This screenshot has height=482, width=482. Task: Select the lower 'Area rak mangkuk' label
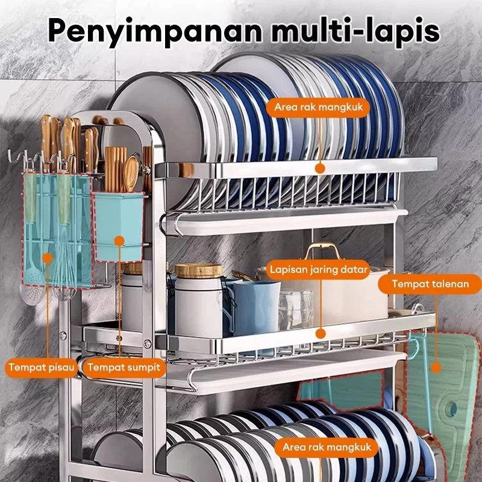pos(326,448)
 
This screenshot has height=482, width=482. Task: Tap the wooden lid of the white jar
pos(198,271)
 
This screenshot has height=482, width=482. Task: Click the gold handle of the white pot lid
pos(322,248)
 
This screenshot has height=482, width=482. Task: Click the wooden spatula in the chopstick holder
pos(131,172)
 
